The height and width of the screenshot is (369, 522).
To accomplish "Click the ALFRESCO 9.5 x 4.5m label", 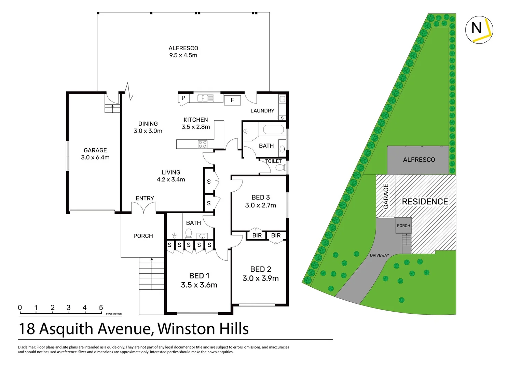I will pos(183,52).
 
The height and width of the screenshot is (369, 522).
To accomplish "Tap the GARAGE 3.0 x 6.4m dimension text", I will pos(95,158).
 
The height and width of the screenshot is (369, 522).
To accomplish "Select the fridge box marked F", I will pos(232,100).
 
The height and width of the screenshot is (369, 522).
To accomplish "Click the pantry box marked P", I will pos(183,98).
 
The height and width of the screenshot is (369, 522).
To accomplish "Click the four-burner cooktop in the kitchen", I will pos(202,144).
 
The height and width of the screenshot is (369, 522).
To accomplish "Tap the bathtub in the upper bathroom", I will pos(273,130).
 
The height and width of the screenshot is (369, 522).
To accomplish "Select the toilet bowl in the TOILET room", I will pos(280,167).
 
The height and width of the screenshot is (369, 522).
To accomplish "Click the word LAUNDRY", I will pos(262,111).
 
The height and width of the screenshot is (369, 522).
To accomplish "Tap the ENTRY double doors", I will pos(144,207).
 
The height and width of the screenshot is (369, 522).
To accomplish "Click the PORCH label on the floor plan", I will pos(143,236).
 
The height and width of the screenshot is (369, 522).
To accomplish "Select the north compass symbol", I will pos(479,29).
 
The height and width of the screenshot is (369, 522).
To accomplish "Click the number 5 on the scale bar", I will pos(101,307).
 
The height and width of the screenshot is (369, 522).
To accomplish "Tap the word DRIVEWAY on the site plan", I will pos(379,255).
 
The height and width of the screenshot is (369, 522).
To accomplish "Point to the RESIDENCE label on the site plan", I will pos(425,202).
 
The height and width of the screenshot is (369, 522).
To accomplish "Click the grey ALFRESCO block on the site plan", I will pos(419,160).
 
